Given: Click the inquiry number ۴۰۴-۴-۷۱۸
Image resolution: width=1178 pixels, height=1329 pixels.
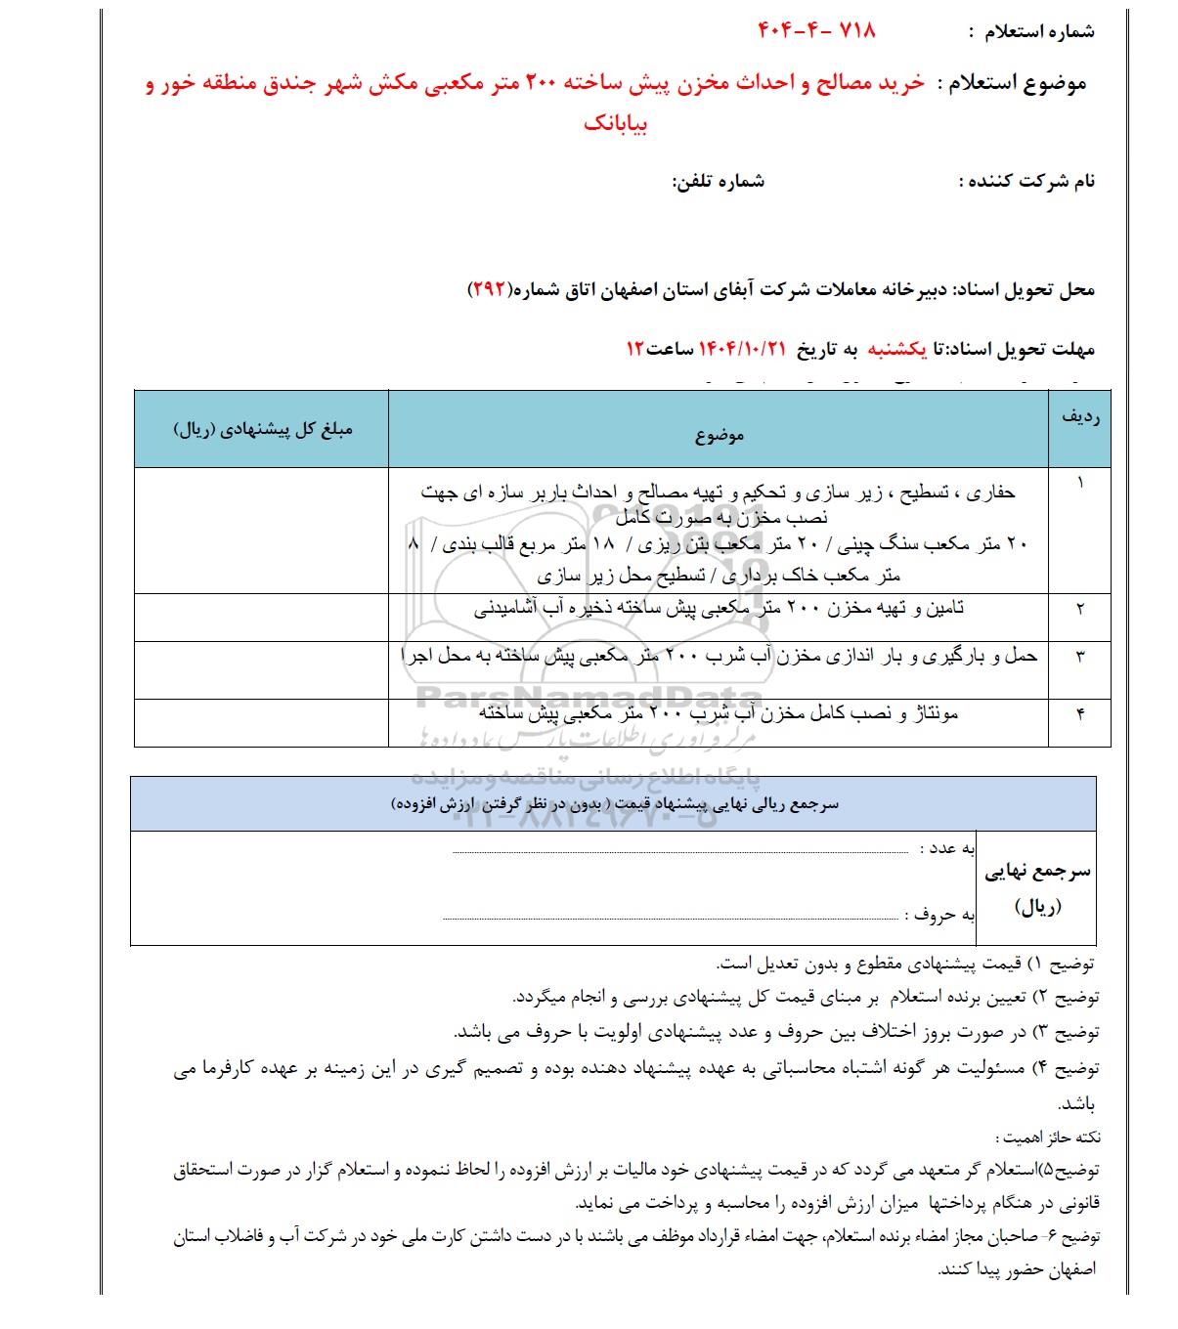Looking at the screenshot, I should [x=817, y=30].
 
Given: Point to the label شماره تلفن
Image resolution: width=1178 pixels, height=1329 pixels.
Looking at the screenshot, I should [x=718, y=182].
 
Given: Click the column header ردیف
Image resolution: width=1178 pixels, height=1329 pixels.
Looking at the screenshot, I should [x=1079, y=416].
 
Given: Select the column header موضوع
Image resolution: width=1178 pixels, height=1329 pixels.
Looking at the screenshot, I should [x=719, y=434].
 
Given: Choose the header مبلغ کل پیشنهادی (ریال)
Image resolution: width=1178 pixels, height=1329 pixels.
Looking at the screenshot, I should [x=262, y=430].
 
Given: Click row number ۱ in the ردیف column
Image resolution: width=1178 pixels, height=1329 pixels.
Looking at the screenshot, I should [x=1080, y=483].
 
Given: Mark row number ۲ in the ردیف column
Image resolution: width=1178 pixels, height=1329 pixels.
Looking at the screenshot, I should [x=1080, y=609].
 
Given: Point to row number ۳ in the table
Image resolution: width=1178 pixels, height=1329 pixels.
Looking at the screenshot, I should [x=1080, y=657].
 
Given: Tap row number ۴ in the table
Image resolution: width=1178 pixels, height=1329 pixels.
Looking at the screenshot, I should [x=1080, y=714].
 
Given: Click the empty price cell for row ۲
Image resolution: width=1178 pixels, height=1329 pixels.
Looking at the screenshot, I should [x=262, y=617].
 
